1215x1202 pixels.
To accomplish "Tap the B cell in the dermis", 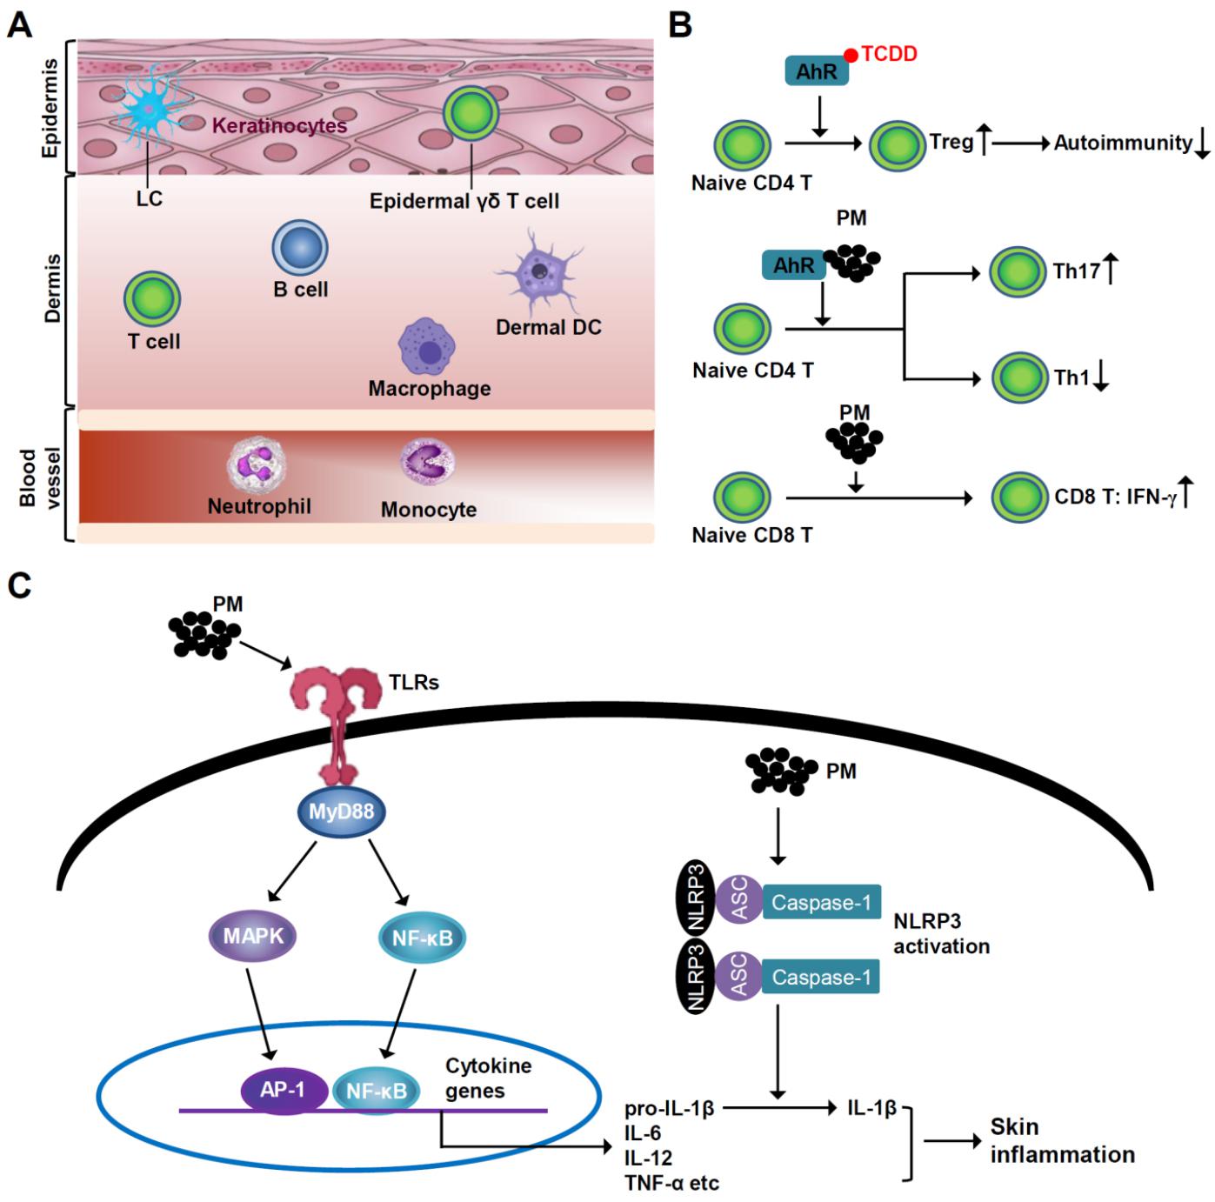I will (x=300, y=248).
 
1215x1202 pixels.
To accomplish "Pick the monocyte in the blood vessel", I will (x=428, y=461).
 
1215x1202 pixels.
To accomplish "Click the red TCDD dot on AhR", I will (x=851, y=56).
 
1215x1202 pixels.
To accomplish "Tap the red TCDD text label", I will (x=889, y=54).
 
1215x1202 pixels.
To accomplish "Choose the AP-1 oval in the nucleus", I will (x=284, y=1089).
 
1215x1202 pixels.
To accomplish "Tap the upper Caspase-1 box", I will (x=821, y=903).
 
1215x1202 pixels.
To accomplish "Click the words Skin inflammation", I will (x=1061, y=1141).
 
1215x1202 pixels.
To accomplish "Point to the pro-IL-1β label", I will (x=669, y=1109).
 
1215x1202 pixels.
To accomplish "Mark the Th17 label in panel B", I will (x=1077, y=270).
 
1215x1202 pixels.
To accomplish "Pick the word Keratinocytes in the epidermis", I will (x=279, y=126).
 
